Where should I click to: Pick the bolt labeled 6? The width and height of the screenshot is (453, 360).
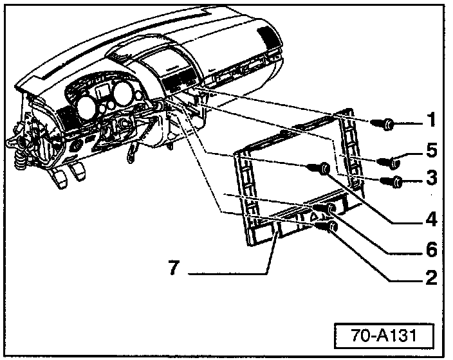tap(331, 209)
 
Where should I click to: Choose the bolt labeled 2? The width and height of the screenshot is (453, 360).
tap(330, 228)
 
